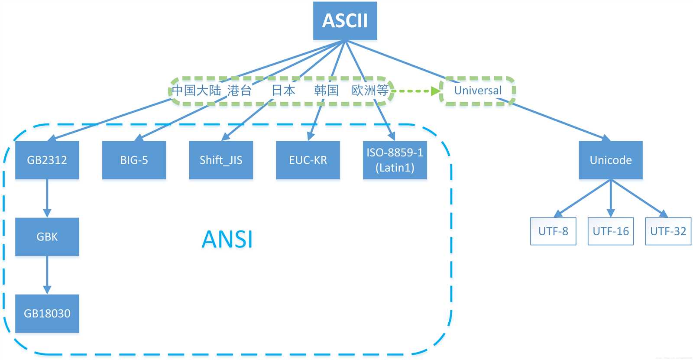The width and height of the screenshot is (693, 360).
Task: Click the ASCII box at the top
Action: click(x=345, y=21)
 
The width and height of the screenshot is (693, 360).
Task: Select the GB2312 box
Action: click(x=47, y=160)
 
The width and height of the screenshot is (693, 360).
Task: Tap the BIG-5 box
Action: click(x=134, y=160)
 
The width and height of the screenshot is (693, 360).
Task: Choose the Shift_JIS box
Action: click(x=221, y=160)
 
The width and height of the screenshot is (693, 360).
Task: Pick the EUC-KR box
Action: click(x=308, y=160)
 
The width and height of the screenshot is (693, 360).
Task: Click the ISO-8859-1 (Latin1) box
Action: click(x=395, y=160)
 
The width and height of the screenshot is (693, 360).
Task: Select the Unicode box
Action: click(x=611, y=160)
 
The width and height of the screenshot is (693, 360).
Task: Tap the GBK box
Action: click(x=47, y=237)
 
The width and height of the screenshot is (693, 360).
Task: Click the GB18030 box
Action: click(x=47, y=313)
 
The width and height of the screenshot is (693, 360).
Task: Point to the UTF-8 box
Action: click(x=553, y=231)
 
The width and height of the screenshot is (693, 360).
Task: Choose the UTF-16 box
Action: click(x=611, y=231)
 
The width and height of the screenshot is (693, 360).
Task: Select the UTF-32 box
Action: click(x=668, y=231)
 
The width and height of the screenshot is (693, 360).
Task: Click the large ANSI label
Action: click(x=227, y=239)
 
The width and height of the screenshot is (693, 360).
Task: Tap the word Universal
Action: click(x=478, y=91)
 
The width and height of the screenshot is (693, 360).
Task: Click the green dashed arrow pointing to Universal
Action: click(x=416, y=91)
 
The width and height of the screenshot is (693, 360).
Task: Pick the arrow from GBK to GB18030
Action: click(x=47, y=275)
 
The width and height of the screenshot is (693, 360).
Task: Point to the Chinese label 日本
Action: click(x=283, y=90)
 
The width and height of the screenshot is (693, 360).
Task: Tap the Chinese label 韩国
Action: click(x=326, y=90)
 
